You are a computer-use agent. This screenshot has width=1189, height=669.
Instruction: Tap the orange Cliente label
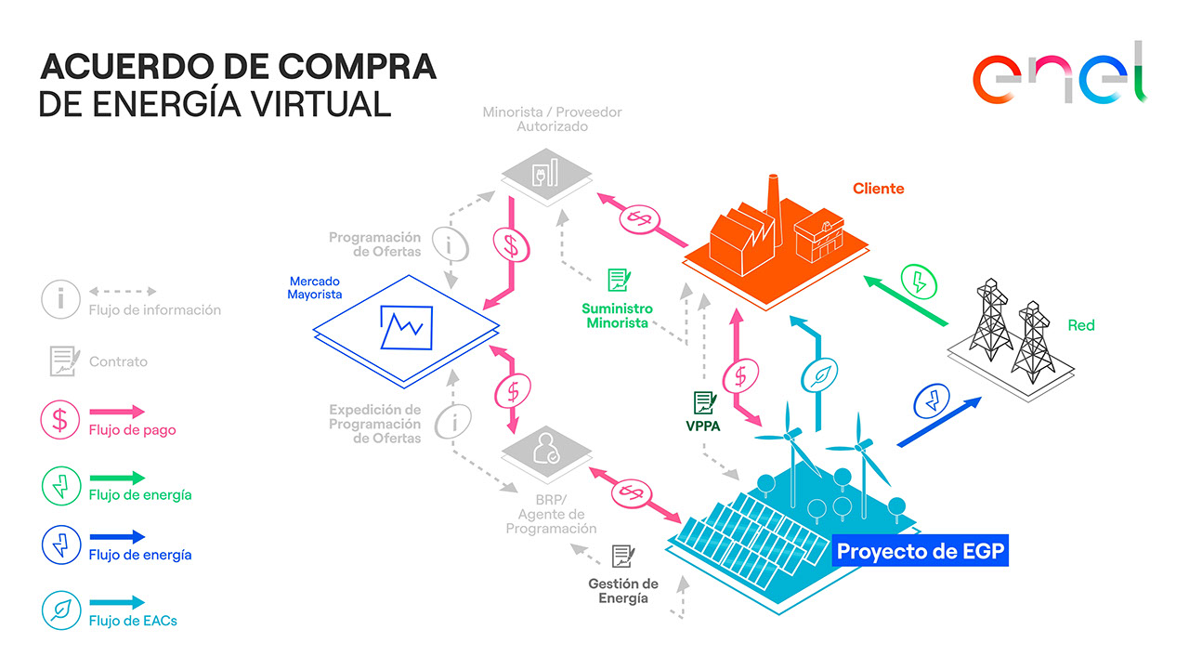[x=878, y=189]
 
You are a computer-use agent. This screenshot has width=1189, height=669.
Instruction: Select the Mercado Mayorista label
[x=314, y=288]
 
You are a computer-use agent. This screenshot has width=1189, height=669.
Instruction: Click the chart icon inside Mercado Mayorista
[x=406, y=327]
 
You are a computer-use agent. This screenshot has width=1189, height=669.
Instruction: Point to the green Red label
[x=1080, y=325]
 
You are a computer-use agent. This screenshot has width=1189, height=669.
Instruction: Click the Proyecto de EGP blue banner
[x=920, y=551]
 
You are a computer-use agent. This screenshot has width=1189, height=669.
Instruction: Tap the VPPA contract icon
[x=704, y=402]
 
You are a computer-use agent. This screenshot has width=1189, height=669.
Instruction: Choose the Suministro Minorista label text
[x=617, y=315]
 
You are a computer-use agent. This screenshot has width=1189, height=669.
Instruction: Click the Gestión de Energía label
[x=623, y=591]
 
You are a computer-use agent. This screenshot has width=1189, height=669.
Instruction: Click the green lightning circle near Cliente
[x=919, y=282]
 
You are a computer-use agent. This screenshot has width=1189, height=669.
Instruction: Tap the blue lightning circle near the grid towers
[x=932, y=400]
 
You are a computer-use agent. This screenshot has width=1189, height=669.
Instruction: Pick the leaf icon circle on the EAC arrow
[x=819, y=375]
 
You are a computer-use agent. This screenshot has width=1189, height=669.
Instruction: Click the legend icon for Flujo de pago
[x=60, y=419]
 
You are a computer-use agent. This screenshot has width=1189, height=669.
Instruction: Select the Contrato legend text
[x=118, y=361]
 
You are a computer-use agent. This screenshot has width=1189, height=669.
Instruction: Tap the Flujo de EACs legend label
[x=133, y=621]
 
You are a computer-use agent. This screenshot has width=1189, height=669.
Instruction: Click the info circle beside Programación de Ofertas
[x=451, y=244]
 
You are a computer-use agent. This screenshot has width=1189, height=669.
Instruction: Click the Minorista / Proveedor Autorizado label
[x=552, y=119]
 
